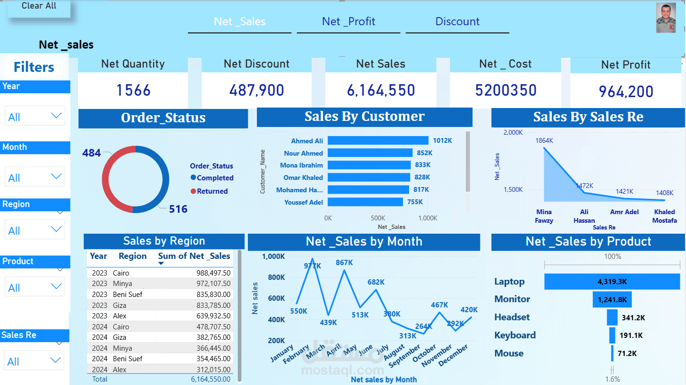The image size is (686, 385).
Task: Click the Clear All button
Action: click(x=39, y=7)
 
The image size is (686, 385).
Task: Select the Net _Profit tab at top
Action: click(x=348, y=21)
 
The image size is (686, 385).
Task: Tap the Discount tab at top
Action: click(x=457, y=21)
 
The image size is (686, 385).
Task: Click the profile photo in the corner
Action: click(x=666, y=19)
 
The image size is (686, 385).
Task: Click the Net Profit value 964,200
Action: click(x=626, y=91)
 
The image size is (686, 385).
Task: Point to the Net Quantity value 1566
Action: click(x=133, y=90)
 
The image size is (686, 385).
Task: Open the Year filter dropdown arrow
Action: click(x=56, y=116)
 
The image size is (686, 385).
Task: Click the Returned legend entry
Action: click(x=212, y=191)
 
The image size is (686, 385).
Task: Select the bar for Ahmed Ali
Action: click(x=378, y=140)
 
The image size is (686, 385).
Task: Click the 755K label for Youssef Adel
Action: click(x=415, y=202)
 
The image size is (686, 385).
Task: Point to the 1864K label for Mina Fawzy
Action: click(x=544, y=140)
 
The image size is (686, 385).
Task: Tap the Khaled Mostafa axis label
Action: click(x=664, y=216)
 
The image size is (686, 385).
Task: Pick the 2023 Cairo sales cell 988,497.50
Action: click(x=213, y=273)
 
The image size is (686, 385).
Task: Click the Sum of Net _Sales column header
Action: click(x=194, y=256)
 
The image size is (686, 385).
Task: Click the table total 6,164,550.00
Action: click(x=210, y=379)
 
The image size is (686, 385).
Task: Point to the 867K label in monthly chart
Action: click(x=344, y=262)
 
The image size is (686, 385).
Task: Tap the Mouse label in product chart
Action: click(x=509, y=353)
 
